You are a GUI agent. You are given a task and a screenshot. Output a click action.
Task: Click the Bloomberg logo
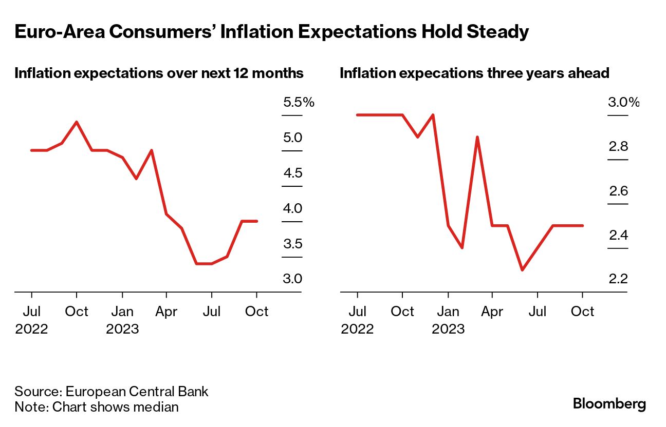coord(609,404)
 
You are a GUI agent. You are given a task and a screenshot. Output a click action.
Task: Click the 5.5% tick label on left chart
coord(298,103)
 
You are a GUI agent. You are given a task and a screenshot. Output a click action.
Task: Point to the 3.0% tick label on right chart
coord(623,103)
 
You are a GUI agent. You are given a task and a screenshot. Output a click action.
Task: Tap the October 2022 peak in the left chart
coord(77,122)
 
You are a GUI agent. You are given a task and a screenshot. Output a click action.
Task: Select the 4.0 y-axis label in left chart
coord(292,209)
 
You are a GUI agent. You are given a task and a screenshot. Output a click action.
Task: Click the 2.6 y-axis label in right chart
coord(618,191)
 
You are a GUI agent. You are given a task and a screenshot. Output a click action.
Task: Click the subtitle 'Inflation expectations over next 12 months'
coord(159,73)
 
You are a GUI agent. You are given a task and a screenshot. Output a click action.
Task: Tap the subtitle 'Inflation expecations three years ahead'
coord(474,73)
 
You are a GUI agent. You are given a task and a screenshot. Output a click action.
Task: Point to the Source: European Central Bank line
coord(112,392)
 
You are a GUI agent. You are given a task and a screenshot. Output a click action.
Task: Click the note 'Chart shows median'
coord(97,407)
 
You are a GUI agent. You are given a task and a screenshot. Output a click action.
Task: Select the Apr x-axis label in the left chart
coord(166,312)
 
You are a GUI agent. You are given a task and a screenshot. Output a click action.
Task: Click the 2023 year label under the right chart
coord(448,328)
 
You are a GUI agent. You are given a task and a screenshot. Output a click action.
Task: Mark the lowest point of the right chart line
coord(522,269)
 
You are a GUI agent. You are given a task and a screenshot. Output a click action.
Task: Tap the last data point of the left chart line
coord(257,221)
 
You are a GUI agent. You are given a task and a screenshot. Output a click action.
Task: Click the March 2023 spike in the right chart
coord(477,137)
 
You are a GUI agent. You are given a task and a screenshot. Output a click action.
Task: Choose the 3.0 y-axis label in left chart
coord(292,279)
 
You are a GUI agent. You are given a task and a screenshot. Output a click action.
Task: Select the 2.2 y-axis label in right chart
coord(618,279)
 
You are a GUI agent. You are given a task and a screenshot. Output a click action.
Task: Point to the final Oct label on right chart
coord(582,312)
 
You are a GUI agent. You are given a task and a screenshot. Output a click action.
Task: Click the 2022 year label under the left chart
coord(31,328)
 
